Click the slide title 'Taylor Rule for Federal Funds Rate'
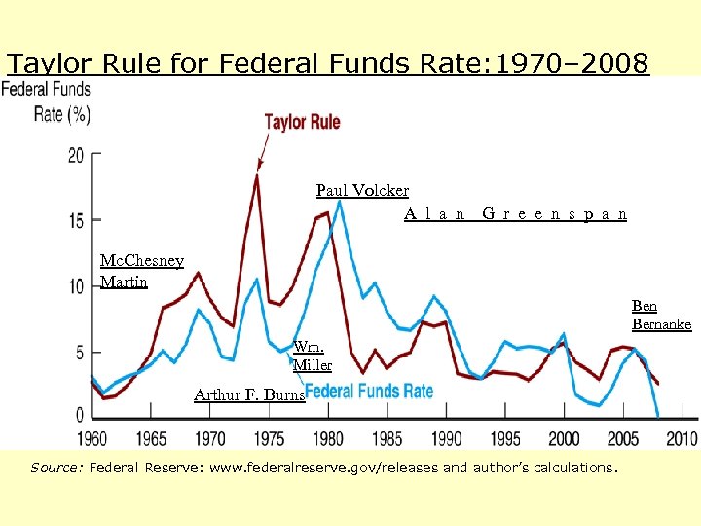(327, 64)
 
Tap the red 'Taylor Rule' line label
(302, 122)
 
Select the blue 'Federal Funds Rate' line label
(370, 392)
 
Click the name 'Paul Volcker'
(362, 191)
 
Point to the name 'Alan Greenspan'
(515, 214)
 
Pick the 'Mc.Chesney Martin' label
(142, 272)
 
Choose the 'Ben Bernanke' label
(661, 316)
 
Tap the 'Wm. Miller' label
(313, 356)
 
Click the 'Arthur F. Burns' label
(249, 394)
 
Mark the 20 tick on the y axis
(76, 156)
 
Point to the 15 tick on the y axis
(76, 221)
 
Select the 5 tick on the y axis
(80, 352)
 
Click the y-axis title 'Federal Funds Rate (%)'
(47, 101)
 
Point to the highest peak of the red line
(257, 175)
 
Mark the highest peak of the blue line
(339, 202)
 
